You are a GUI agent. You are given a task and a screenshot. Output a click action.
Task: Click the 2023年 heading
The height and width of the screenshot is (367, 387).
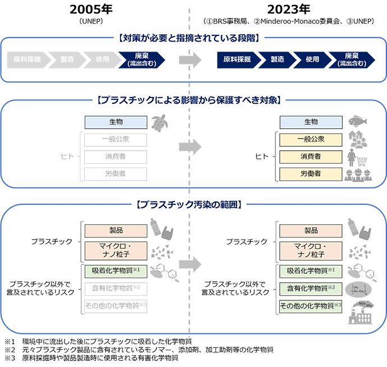click(289, 10)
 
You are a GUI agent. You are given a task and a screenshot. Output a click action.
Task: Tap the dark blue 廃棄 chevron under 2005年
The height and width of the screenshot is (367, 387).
click(141, 59)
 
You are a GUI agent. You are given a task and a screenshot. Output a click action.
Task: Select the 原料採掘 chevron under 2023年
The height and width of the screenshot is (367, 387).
click(237, 59)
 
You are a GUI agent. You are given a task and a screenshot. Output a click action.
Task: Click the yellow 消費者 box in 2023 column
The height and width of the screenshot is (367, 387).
click(310, 156)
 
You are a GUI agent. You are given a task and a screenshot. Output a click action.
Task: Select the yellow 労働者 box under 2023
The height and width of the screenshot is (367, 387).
click(310, 173)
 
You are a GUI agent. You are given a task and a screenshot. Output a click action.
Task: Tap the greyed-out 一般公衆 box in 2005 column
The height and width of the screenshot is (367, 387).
click(116, 139)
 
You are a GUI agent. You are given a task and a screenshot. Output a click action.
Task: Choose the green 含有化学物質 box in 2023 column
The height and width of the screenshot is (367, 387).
click(310, 288)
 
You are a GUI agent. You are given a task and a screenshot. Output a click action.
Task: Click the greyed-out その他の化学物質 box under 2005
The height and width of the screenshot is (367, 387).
click(116, 306)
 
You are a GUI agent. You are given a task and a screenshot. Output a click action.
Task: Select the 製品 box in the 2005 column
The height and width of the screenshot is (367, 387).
click(116, 231)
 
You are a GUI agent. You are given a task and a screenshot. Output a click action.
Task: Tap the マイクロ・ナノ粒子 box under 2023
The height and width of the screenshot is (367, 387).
click(310, 250)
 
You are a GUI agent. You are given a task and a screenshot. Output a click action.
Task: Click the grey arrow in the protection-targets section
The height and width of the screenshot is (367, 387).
click(190, 148)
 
